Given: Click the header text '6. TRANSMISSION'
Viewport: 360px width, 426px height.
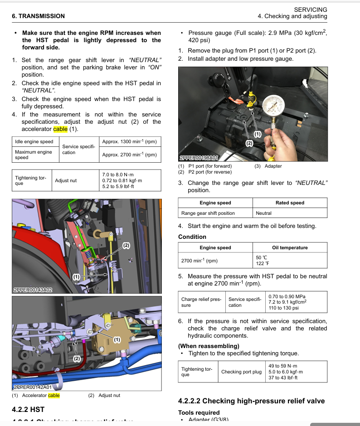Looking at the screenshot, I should pos(38,16).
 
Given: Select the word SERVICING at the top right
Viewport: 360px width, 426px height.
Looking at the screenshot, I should pos(310,9).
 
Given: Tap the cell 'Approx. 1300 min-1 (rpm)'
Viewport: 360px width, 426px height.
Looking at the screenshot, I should pos(130,142).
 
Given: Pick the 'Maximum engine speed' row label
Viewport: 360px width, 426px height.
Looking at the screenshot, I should pos(34,155).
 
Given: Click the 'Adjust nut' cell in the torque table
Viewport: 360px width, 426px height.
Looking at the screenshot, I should pos(66,181).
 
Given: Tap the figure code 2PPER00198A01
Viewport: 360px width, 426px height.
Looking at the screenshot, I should pos(199,158).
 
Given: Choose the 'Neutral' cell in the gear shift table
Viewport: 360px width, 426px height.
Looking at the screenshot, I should pos(263,213).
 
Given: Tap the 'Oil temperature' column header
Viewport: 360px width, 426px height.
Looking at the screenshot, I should pos(290,247).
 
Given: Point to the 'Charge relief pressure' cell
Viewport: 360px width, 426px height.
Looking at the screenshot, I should pos(201,302).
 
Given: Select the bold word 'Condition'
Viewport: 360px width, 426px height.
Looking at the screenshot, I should pos(192,237).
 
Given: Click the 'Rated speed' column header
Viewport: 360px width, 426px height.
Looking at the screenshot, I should pos(290,203).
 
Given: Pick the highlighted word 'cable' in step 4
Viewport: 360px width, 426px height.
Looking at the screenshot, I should pos(60,129).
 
